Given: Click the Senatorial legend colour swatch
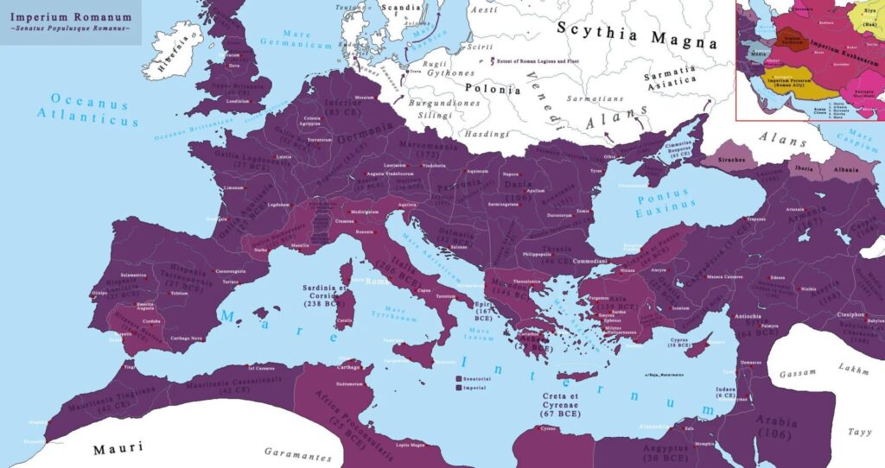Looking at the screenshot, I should pyautogui.click(x=457, y=378).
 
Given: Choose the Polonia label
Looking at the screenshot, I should pyautogui.click(x=493, y=89).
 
